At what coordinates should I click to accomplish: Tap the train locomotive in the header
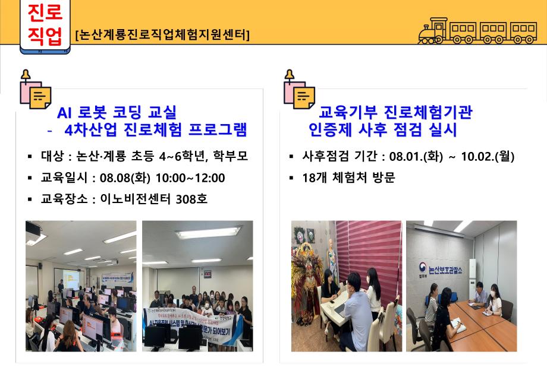[432, 31]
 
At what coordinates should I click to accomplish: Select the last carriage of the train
[523, 32]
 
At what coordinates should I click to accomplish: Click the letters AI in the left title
[65, 112]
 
